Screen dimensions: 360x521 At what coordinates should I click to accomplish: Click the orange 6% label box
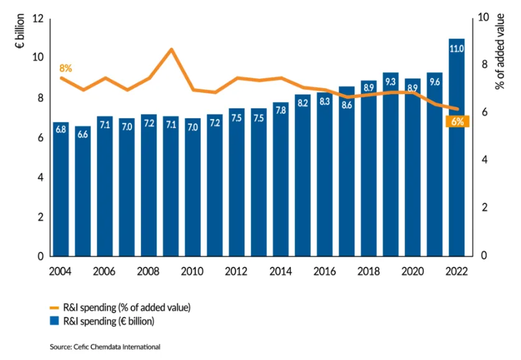[x=456, y=121]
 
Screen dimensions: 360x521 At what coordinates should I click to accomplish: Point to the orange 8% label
[x=65, y=68]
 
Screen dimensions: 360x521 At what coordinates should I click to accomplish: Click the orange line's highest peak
[x=171, y=49]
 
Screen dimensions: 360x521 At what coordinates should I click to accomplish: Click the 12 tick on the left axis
[x=37, y=19]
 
